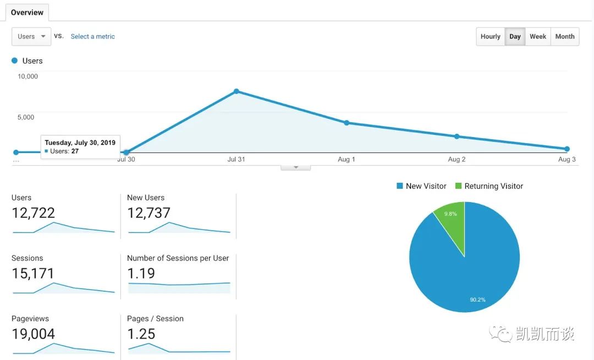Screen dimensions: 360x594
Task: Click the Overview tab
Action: (27, 12)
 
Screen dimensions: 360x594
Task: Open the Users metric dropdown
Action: (31, 36)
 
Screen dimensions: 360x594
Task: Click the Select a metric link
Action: (92, 36)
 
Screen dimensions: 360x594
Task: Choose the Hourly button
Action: (490, 36)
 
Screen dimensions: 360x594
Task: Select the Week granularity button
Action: (537, 36)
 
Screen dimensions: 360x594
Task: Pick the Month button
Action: (564, 36)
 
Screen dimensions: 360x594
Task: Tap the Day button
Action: (515, 36)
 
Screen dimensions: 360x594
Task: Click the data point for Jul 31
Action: (236, 91)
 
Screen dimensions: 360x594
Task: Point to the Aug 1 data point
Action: (346, 123)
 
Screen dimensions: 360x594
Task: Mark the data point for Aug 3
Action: (567, 149)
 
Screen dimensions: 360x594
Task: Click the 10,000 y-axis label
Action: (28, 76)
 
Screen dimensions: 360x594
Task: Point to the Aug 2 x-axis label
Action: (457, 159)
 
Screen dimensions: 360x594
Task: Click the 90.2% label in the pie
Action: (477, 299)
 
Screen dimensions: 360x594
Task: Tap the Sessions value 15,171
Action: (33, 274)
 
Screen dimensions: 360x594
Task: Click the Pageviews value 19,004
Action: (33, 334)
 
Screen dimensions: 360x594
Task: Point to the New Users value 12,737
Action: (148, 213)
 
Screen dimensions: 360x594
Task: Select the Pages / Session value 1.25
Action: (141, 334)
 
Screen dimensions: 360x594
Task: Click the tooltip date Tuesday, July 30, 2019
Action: (80, 143)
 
